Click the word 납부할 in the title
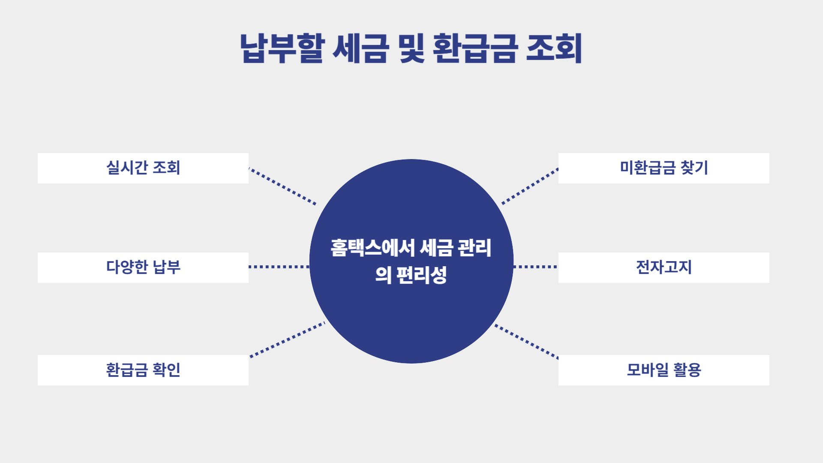coord(282,48)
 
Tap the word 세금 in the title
coord(360,48)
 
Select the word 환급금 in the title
coord(475,48)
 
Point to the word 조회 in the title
coord(554,48)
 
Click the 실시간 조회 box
coord(143,168)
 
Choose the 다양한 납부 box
coord(143,268)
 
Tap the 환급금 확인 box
coord(143,370)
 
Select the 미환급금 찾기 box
coord(664,168)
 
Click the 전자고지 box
coord(664,268)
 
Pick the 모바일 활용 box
coord(664,370)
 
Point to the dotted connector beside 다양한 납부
coord(279,267)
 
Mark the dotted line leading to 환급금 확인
coord(287,340)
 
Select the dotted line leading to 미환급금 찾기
coord(530,186)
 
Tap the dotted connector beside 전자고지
coord(535,267)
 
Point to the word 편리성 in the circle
coord(422,275)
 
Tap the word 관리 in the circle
coord(475,248)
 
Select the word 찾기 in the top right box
coord(694,168)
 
